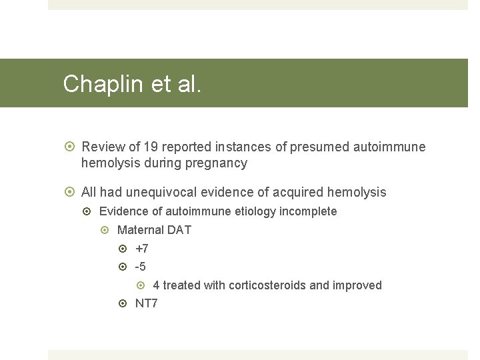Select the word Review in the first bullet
[x=102, y=147]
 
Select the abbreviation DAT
[x=179, y=230]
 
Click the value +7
[x=141, y=249]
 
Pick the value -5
[x=140, y=267]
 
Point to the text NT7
[x=146, y=303]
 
